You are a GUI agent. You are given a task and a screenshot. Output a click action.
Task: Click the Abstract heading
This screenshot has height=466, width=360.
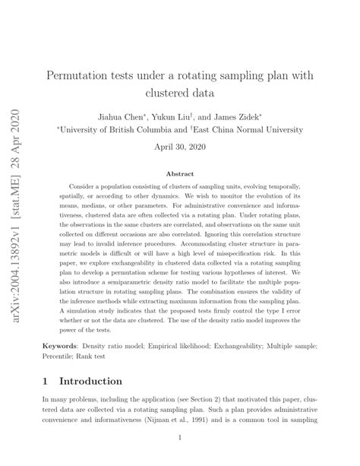pos(180,174)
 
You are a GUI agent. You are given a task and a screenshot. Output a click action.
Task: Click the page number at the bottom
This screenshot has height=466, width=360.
pos(180,437)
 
